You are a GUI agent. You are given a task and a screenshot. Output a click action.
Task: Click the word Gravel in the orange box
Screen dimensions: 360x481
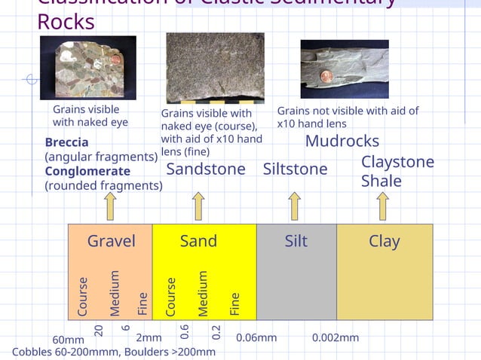(x=112, y=241)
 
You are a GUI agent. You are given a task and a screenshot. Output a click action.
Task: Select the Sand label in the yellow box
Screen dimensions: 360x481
(x=198, y=241)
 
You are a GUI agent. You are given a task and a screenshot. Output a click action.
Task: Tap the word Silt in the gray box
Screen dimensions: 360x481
(x=296, y=241)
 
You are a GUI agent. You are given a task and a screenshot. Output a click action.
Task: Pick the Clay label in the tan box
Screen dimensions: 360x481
(x=384, y=241)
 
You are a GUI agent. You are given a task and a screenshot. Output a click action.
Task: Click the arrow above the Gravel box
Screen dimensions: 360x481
(x=110, y=206)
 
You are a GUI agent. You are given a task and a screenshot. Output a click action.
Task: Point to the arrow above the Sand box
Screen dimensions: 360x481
(x=198, y=206)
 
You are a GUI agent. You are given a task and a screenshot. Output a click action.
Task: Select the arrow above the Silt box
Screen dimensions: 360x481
(x=295, y=206)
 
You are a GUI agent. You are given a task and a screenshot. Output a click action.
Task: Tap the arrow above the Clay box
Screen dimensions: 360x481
(x=382, y=206)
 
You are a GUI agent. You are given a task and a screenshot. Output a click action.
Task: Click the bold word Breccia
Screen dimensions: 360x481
(x=66, y=142)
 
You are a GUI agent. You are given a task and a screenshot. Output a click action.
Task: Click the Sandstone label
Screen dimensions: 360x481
(x=206, y=169)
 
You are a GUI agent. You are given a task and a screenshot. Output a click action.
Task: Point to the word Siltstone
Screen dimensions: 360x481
(x=295, y=169)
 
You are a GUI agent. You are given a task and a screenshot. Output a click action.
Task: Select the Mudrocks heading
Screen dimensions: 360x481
(x=342, y=142)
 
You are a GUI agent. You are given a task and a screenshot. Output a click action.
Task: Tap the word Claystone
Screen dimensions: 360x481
(x=397, y=162)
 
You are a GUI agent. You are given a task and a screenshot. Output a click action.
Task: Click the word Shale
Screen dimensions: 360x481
(x=381, y=181)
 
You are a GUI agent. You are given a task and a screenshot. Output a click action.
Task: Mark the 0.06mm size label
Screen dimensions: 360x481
(x=256, y=337)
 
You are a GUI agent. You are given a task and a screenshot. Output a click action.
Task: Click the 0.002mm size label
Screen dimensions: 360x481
(x=335, y=337)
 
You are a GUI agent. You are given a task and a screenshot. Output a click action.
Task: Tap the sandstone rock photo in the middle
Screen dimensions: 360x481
(x=215, y=66)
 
